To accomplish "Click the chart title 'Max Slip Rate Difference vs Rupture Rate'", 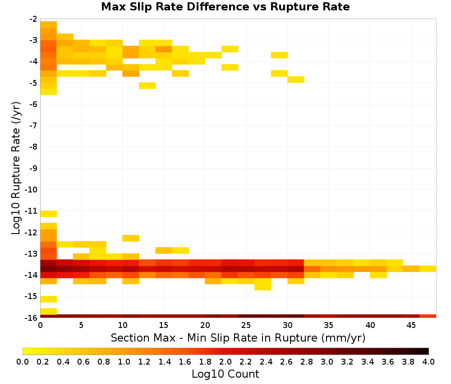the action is click(225, 7).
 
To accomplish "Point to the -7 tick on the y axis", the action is click(33, 125).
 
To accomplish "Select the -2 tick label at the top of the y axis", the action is click(33, 19).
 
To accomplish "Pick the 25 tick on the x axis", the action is click(246, 325).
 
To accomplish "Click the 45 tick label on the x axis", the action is click(411, 325).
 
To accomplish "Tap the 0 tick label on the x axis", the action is click(40, 325).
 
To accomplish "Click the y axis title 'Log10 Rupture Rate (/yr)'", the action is click(16, 168).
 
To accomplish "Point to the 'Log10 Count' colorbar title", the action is click(225, 374).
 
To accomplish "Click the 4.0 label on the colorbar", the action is click(428, 361).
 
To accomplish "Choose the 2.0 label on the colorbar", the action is click(225, 361).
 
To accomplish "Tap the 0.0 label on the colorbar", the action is click(23, 361).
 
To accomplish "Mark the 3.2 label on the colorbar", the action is click(347, 361).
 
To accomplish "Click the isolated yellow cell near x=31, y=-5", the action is click(296, 80).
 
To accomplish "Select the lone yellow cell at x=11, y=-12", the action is click(131, 238).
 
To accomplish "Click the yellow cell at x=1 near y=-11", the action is click(49, 214).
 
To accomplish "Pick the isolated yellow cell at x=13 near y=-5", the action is click(147, 85).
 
